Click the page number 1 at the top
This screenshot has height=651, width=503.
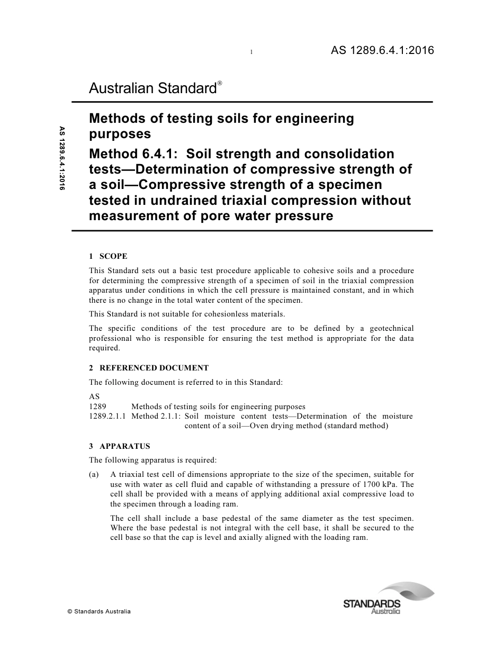pyautogui.click(x=251, y=52)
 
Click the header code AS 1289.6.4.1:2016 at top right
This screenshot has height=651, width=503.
pyautogui.click(x=382, y=51)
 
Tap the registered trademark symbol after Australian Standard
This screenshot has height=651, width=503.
pyautogui.click(x=219, y=84)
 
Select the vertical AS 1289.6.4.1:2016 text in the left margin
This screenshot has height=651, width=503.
pyautogui.click(x=62, y=158)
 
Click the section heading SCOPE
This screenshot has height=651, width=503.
pyautogui.click(x=113, y=257)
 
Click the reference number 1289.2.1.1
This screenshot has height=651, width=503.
pyautogui.click(x=107, y=417)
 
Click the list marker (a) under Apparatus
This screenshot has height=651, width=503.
pyautogui.click(x=94, y=475)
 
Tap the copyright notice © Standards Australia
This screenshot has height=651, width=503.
pyautogui.click(x=99, y=612)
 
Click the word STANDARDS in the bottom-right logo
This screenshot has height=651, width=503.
pyautogui.click(x=372, y=604)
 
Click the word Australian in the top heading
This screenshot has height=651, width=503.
pyautogui.click(x=122, y=88)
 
